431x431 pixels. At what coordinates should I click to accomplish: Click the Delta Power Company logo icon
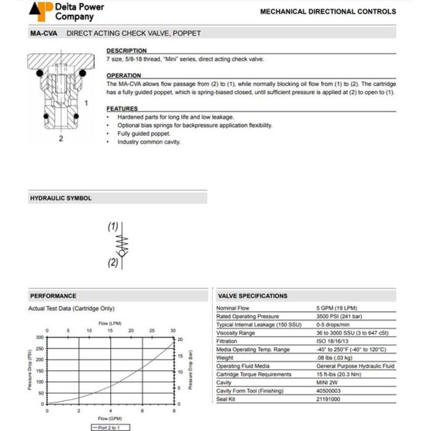click(41, 11)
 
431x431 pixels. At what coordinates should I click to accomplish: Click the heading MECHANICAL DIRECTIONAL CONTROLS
click(328, 11)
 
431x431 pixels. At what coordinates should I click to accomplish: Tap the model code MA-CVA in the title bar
click(43, 33)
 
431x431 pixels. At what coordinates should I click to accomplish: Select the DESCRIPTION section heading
click(126, 50)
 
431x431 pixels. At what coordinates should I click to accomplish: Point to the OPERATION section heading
click(124, 76)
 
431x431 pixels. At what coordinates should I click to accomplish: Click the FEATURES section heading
click(122, 109)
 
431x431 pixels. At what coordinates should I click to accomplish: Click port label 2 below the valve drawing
click(60, 139)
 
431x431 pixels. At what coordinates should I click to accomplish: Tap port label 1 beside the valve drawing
click(86, 103)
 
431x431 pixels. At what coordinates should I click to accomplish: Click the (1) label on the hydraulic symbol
click(113, 227)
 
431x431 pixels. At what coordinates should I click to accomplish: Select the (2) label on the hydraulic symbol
click(113, 262)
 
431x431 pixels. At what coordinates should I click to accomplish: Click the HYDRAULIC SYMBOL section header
click(61, 198)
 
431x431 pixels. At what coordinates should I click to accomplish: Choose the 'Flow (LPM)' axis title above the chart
click(110, 323)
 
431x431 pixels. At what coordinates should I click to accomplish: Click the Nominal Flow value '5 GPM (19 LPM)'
click(336, 308)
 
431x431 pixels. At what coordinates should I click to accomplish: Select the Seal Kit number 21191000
click(328, 399)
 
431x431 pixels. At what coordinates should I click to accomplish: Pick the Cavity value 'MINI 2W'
click(327, 382)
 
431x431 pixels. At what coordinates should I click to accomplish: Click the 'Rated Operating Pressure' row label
click(248, 316)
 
